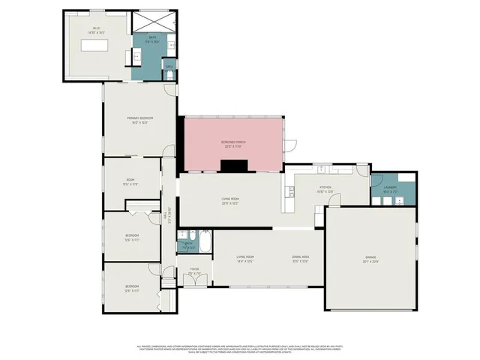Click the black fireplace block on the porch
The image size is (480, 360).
click(x=238, y=166)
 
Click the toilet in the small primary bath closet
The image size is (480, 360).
click(x=169, y=75)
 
